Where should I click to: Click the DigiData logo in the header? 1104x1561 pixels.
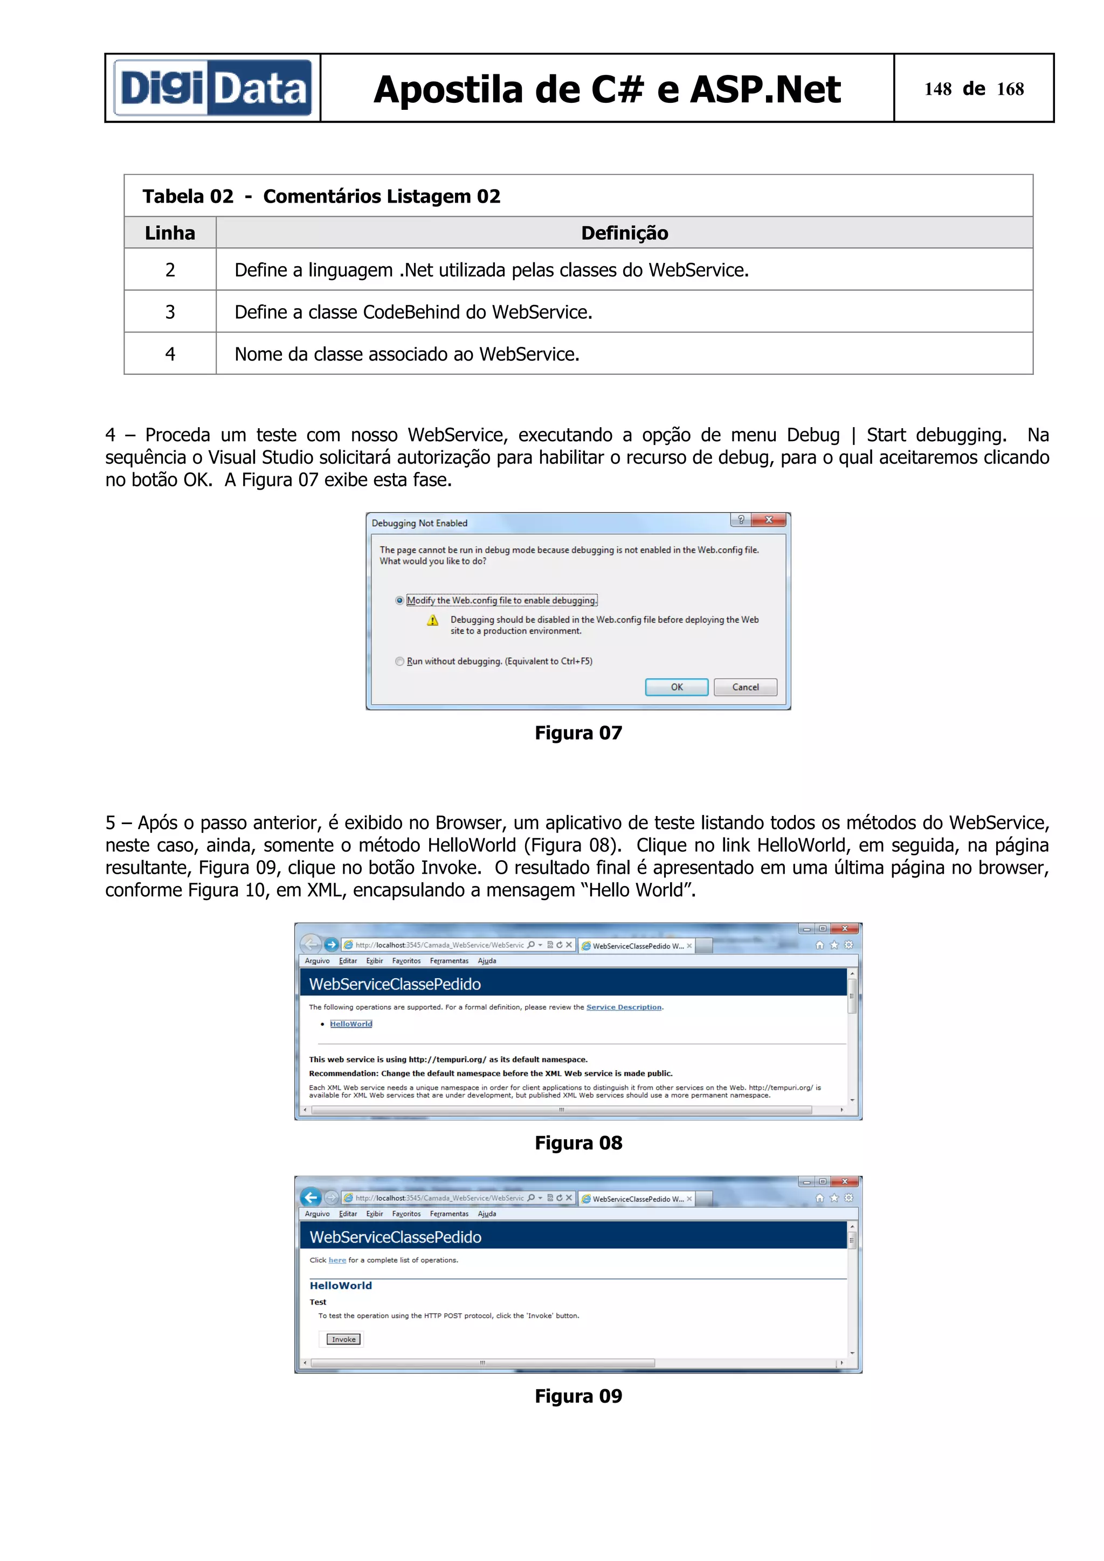[x=212, y=88]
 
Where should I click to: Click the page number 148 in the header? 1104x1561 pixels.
[x=937, y=89]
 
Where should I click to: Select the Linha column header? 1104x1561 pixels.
[x=170, y=233]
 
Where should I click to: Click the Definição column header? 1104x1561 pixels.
[x=624, y=233]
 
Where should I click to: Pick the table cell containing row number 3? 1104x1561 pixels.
[x=170, y=312]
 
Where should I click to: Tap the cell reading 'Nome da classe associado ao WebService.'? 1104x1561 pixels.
[x=407, y=354]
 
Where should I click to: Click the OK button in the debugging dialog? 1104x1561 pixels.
[x=676, y=687]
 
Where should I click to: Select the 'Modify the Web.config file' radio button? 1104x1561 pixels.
[x=399, y=601]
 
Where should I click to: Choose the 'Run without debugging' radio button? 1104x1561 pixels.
[x=399, y=661]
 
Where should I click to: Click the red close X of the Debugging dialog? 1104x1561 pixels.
[x=769, y=520]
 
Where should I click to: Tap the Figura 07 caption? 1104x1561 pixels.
[x=578, y=733]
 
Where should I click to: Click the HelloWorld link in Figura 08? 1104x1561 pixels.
[x=351, y=1024]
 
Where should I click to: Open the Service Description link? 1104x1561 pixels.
[x=624, y=1008]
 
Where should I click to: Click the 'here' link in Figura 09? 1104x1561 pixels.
[x=337, y=1260]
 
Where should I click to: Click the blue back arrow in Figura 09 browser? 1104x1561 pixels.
[x=311, y=1197]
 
